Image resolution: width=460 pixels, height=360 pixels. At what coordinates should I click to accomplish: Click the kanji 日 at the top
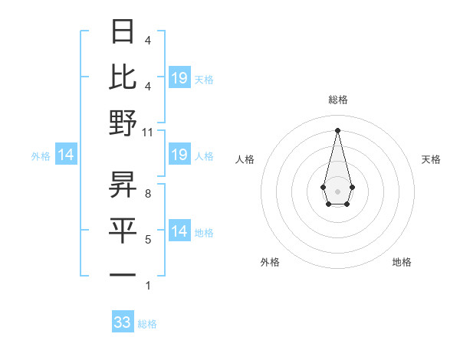tap(123, 32)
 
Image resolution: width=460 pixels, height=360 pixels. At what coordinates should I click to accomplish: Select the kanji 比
tap(123, 77)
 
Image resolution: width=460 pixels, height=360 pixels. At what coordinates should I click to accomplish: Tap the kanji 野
tap(123, 123)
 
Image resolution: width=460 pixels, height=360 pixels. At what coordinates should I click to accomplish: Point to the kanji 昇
tap(123, 184)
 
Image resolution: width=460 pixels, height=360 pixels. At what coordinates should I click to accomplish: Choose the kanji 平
tap(123, 230)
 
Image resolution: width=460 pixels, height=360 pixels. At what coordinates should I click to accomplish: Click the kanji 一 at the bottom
tap(123, 274)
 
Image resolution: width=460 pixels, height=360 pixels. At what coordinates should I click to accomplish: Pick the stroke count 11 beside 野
tap(148, 132)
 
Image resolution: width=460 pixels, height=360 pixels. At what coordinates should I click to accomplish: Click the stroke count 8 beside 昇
tap(148, 194)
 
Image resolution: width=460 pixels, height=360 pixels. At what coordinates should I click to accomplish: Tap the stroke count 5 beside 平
tap(148, 240)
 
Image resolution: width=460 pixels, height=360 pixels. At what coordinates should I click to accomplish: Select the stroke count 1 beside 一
tap(148, 286)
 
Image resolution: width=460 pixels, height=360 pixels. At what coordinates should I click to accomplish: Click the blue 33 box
tap(123, 322)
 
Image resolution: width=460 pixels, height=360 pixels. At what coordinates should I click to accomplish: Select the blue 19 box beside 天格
tap(179, 77)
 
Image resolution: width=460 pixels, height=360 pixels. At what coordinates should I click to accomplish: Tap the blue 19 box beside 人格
tap(179, 155)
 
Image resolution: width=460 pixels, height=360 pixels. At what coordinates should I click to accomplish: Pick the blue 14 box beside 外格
tap(66, 155)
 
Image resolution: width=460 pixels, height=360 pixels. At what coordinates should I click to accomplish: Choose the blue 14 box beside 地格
tap(179, 231)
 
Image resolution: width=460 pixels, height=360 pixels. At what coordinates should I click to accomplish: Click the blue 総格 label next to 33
tap(147, 324)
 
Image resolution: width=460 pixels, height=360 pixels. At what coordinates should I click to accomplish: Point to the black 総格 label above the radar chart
tap(337, 100)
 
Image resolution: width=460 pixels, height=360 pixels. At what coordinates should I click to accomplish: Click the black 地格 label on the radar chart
tap(402, 262)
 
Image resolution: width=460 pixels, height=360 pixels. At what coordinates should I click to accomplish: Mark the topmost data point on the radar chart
tap(337, 129)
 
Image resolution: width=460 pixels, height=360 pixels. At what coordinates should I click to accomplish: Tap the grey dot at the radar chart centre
tap(337, 190)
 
